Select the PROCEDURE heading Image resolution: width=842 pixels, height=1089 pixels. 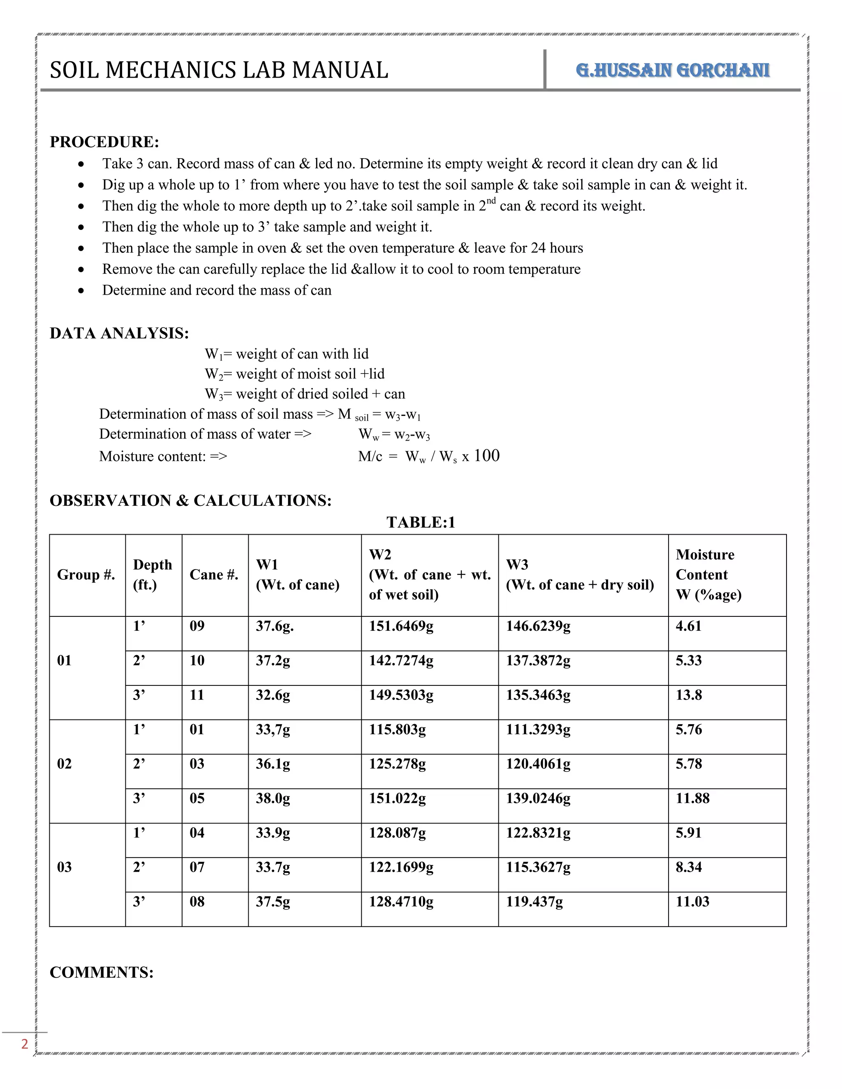pos(104,142)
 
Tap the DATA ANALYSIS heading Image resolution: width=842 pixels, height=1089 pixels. pos(119,333)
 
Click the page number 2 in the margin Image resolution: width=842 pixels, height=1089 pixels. pos(24,1044)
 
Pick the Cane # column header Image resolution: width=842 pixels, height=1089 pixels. pos(213,574)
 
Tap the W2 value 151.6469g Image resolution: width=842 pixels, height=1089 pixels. pos(401,626)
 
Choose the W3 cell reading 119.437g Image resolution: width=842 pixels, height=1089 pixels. pos(534,902)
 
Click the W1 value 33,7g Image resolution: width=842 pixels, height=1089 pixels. pos(272,729)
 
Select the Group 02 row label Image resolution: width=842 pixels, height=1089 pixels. pos(65,764)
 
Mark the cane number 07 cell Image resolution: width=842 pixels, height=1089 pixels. pos(197,867)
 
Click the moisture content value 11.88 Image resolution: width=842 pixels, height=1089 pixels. pos(692,798)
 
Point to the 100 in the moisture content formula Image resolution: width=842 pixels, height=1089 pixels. pos(486,456)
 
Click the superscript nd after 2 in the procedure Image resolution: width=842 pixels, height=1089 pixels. pos(491,201)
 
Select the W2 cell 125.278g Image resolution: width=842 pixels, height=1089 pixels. pos(397,764)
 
